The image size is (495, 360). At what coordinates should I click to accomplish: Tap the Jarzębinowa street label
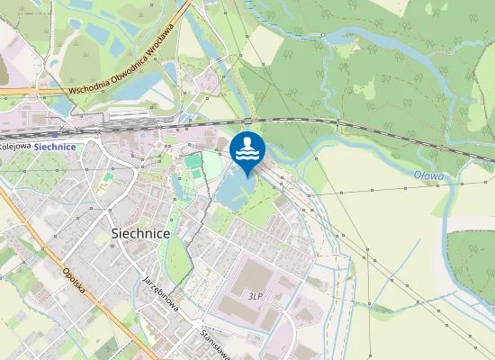[160, 294]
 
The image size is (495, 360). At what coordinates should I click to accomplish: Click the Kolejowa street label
[16, 146]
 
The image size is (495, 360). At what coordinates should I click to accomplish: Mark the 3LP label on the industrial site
[256, 295]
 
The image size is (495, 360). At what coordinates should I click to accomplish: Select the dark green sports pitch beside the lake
[193, 163]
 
